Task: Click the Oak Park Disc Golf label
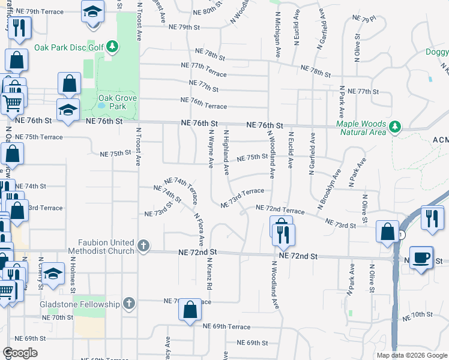(68, 47)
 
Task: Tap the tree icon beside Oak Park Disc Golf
(112, 46)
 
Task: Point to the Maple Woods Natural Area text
(361, 128)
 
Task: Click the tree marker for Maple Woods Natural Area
(394, 127)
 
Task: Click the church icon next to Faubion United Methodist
(143, 245)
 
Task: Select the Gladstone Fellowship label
(80, 304)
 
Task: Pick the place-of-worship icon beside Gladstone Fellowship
(128, 304)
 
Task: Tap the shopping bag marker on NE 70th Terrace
(190, 311)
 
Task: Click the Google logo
(20, 353)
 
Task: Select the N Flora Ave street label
(199, 228)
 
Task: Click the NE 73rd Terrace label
(243, 197)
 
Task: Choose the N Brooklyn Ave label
(329, 188)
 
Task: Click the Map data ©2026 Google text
(411, 355)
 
